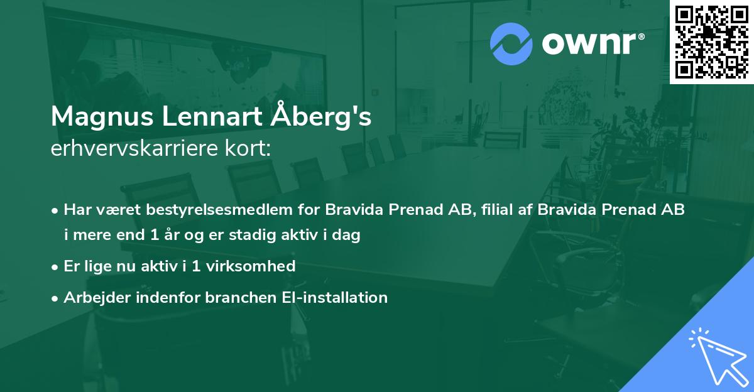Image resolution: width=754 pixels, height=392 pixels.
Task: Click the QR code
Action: [x=711, y=42]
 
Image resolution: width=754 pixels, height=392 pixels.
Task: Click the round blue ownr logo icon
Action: [x=511, y=43]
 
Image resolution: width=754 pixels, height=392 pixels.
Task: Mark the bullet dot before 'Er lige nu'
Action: [x=56, y=267]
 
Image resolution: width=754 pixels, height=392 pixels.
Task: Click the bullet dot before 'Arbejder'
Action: [x=56, y=298]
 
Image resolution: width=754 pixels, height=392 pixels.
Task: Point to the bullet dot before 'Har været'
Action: [x=56, y=210]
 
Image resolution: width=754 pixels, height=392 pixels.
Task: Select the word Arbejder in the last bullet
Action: [x=93, y=297]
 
